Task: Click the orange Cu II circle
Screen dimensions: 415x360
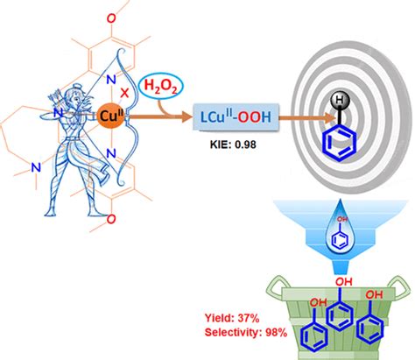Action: pos(111,116)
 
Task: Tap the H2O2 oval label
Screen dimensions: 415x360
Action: pos(161,86)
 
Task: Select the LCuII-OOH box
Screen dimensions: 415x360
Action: pos(236,116)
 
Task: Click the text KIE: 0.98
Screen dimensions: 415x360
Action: pos(233,145)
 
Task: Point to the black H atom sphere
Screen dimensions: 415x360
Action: pos(340,101)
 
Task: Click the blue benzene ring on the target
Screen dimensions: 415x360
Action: pos(340,145)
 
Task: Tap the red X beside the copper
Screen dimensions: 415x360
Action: pos(124,93)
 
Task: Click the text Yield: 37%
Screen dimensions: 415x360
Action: pos(232,318)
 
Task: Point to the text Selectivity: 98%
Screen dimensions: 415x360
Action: pos(246,332)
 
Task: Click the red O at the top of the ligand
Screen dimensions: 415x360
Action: pos(111,18)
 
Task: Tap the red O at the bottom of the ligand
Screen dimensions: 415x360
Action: pos(111,219)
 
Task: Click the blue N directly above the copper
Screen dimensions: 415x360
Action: pos(110,80)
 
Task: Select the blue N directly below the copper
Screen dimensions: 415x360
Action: pos(110,153)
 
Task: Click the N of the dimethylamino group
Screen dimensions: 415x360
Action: pos(36,167)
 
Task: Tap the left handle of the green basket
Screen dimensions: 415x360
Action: pos(275,289)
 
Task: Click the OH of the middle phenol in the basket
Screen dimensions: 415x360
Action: pos(344,282)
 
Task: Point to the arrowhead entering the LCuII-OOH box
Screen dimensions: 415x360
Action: pos(186,117)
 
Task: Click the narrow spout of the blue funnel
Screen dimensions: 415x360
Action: pos(341,266)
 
